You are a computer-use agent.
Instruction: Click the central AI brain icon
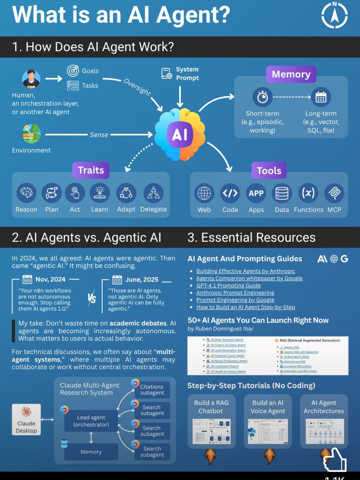coord(180,135)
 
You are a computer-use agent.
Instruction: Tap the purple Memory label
coord(291,74)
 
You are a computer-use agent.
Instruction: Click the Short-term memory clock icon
coord(262,97)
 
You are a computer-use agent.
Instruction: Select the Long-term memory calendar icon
coord(321,97)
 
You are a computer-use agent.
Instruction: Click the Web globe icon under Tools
coord(204,194)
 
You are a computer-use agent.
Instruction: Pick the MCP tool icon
coord(334,194)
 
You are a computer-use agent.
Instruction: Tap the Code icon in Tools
coord(230,194)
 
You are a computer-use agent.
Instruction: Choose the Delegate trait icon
coord(153,194)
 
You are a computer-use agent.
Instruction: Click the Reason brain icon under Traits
coord(26,194)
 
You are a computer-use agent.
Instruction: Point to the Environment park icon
coord(31,134)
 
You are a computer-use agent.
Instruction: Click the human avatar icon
coord(31,79)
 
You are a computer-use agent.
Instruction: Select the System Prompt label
coord(187,74)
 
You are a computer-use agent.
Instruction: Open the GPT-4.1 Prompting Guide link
coord(228,286)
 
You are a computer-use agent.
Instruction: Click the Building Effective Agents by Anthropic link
coord(246,271)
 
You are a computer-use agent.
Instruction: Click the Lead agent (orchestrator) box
coord(91,421)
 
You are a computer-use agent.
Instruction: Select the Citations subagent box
coord(152,390)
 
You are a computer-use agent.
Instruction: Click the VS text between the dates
coord(92,298)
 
